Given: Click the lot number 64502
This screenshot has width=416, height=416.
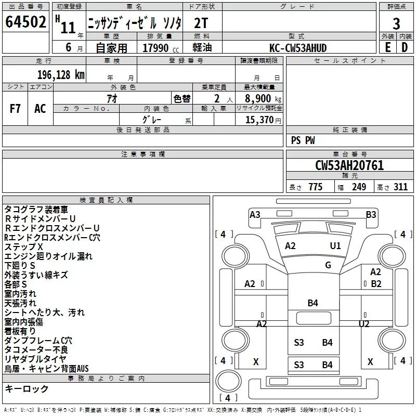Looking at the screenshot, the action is coord(25,22).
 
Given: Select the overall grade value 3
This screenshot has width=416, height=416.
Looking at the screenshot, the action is coord(396,24).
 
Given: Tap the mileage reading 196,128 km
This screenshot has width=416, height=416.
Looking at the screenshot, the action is coord(61,75).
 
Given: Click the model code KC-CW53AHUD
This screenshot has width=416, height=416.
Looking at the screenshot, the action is coord(298,48).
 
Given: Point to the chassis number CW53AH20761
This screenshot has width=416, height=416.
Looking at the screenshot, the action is coord(349,165).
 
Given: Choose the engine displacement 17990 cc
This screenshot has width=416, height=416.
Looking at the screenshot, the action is coord(161,48).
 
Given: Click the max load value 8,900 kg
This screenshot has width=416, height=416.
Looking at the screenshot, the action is coord(263,99).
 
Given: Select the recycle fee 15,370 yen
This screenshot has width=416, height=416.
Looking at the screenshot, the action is coord(263,120).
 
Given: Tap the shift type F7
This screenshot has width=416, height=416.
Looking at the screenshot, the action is coord(15,109).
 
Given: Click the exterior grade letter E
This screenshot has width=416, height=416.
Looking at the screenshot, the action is coord(388,47).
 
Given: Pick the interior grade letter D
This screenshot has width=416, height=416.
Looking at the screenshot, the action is coord(405,47).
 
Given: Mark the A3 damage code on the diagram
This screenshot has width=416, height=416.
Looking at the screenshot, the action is coord(255,214).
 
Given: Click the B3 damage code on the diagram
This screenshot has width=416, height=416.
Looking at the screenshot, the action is coord(371,214).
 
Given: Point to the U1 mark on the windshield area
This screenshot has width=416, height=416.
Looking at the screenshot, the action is coord(335,246).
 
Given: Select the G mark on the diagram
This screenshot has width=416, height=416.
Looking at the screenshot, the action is coord(328,265).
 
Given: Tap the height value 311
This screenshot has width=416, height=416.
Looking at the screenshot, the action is coord(400,187).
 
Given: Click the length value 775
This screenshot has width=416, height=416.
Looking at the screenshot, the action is coord(316,187).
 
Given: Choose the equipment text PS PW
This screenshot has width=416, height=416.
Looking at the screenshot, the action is coord(303,140).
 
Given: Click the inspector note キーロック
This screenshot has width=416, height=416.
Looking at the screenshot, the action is coord(27,388).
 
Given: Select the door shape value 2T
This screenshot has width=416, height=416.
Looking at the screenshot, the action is coord(201,23).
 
